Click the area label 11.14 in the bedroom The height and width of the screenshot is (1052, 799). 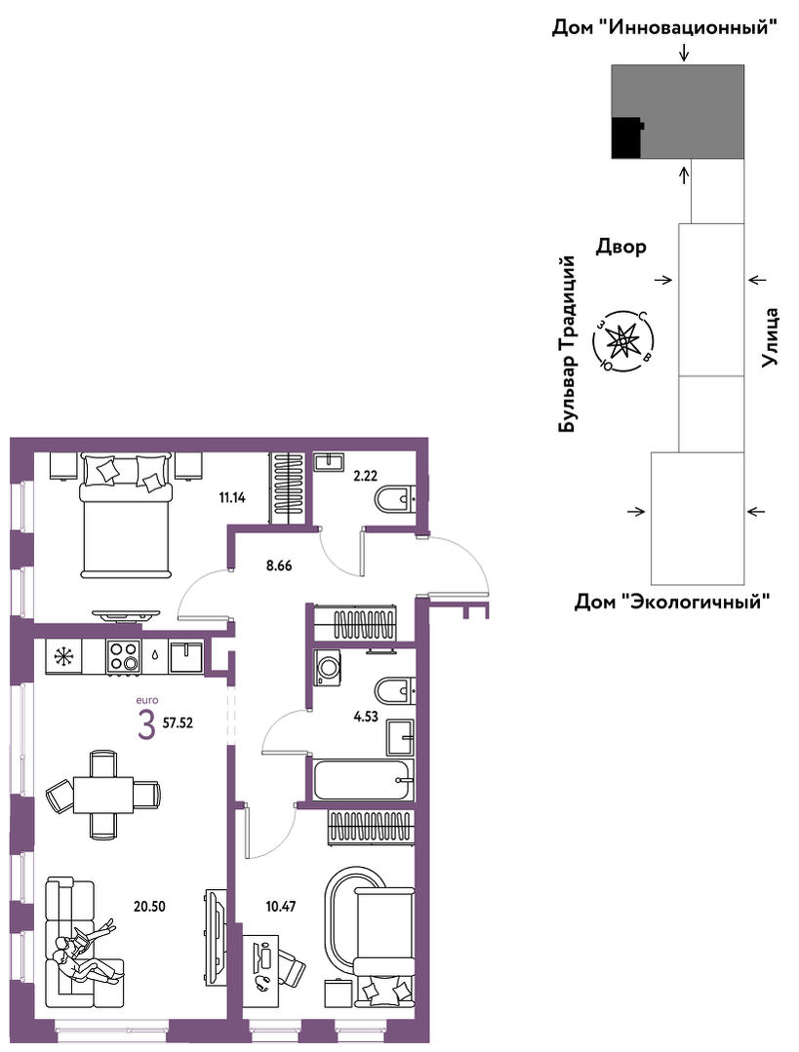tap(231, 498)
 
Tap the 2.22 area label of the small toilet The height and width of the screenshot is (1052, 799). tap(365, 477)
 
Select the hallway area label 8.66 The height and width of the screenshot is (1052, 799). tap(279, 565)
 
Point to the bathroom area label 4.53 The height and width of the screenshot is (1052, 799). tap(365, 717)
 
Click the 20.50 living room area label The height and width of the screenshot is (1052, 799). tap(149, 907)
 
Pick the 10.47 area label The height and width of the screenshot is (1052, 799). tap(280, 907)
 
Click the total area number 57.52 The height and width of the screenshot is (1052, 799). tap(178, 723)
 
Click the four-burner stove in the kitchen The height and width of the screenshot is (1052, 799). tap(122, 656)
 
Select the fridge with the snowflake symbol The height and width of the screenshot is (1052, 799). tap(63, 656)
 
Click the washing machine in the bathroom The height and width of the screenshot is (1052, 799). tap(328, 669)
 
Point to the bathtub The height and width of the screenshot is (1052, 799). tap(364, 780)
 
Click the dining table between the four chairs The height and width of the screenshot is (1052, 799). tap(102, 795)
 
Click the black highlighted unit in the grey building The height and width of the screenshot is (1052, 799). tap(627, 137)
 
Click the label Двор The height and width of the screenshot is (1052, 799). tap(621, 247)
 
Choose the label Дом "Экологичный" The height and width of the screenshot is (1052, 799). tap(672, 602)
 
